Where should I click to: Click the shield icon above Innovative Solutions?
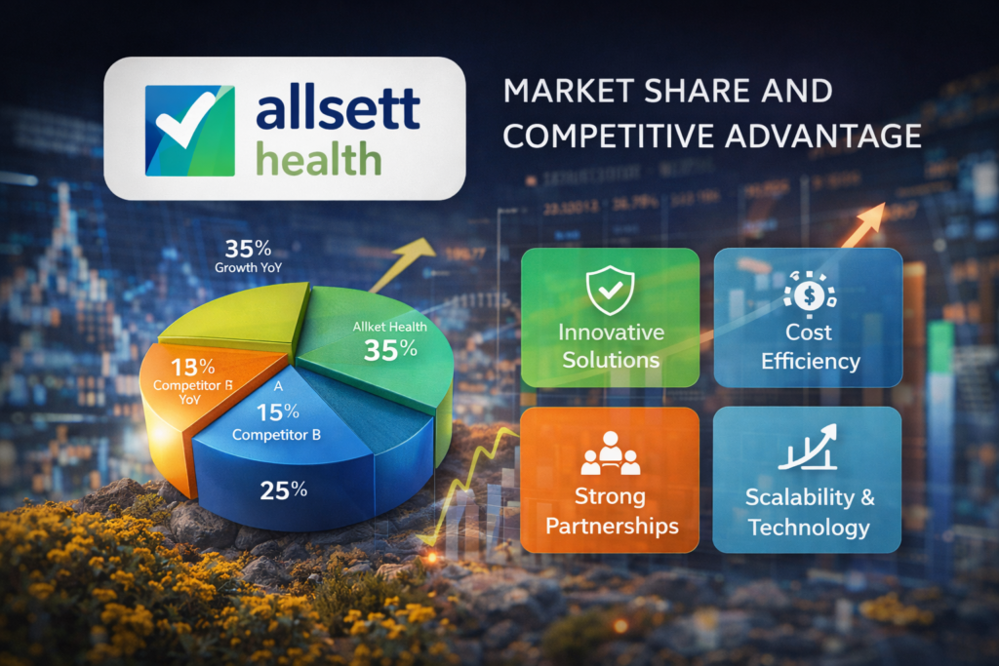[x=610, y=289]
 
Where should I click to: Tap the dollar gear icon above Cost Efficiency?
[x=809, y=290]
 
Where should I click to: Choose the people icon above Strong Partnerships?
[x=611, y=450]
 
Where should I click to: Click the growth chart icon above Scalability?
[x=809, y=449]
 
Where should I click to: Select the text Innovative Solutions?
[x=610, y=345]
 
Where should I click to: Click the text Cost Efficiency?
[x=810, y=347]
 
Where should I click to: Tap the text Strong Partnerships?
[x=612, y=511]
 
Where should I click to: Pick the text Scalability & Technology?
[x=809, y=513]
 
